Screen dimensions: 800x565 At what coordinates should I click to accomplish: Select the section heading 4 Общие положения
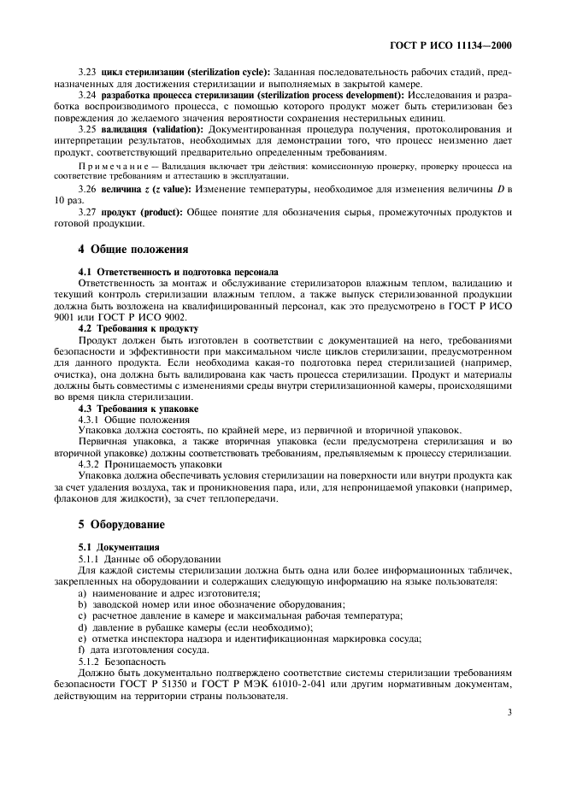pos(133,250)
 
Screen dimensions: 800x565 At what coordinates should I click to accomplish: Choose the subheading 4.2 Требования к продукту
pos(138,328)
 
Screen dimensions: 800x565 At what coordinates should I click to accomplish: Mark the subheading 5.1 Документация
pos(117,545)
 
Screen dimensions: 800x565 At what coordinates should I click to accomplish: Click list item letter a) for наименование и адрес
pos(82,593)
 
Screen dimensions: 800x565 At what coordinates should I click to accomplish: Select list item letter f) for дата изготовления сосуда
pos(81,649)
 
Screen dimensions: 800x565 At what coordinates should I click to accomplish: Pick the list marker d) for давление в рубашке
pos(82,626)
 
